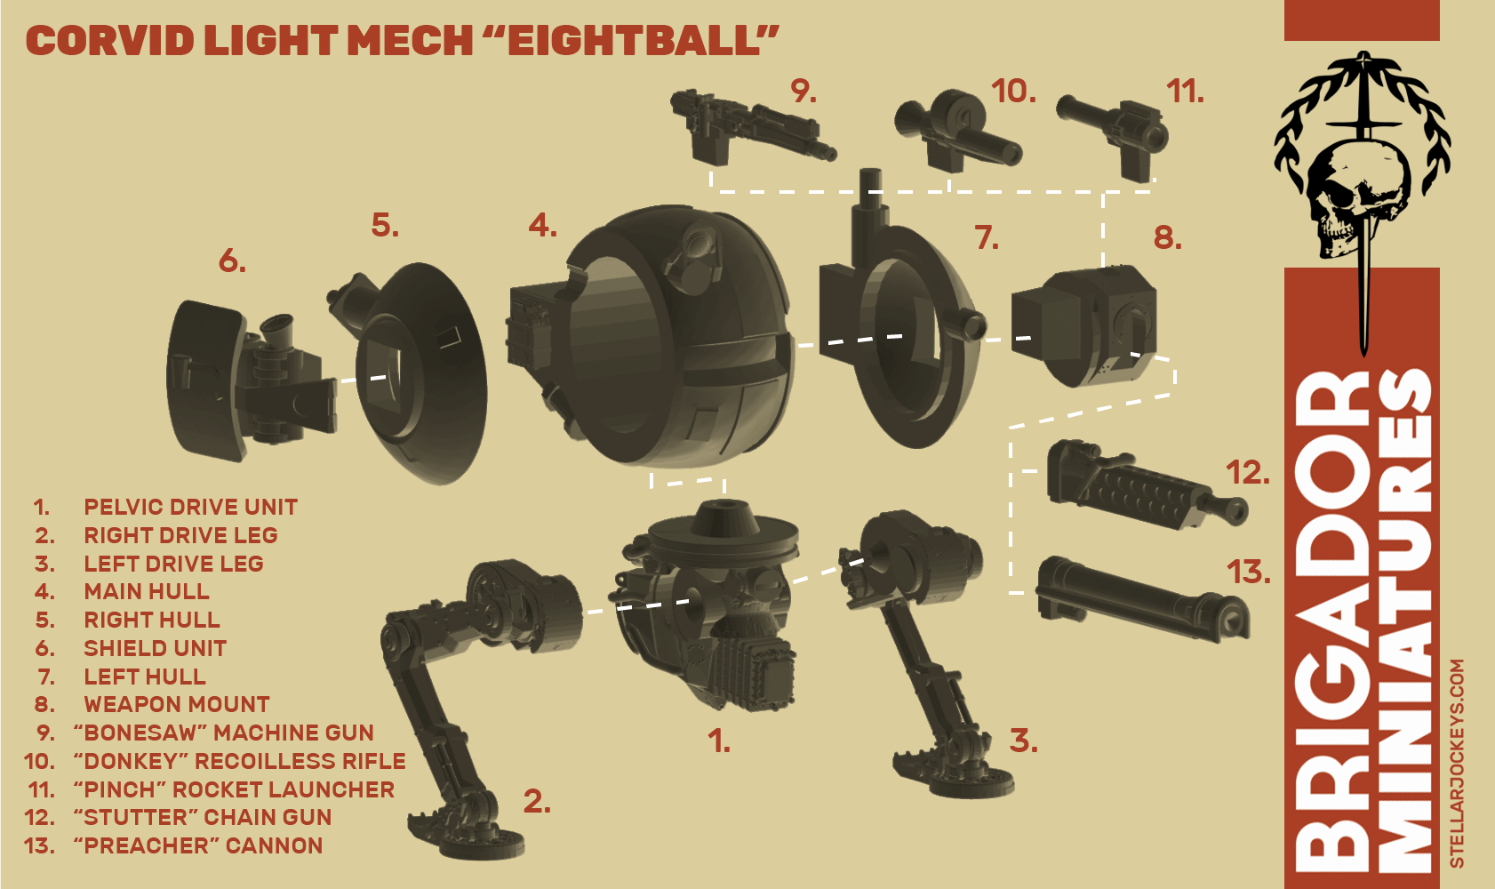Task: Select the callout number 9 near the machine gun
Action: point(803,91)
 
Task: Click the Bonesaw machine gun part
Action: point(752,127)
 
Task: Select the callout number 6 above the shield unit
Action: point(232,260)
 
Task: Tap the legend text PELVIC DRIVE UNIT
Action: point(191,508)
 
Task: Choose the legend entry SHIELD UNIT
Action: point(155,648)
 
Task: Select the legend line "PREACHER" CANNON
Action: point(198,845)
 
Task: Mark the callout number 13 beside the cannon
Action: point(1249,573)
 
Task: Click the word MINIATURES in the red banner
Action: point(1405,620)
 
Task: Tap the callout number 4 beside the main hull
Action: point(542,226)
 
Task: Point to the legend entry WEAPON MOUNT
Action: point(177,704)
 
